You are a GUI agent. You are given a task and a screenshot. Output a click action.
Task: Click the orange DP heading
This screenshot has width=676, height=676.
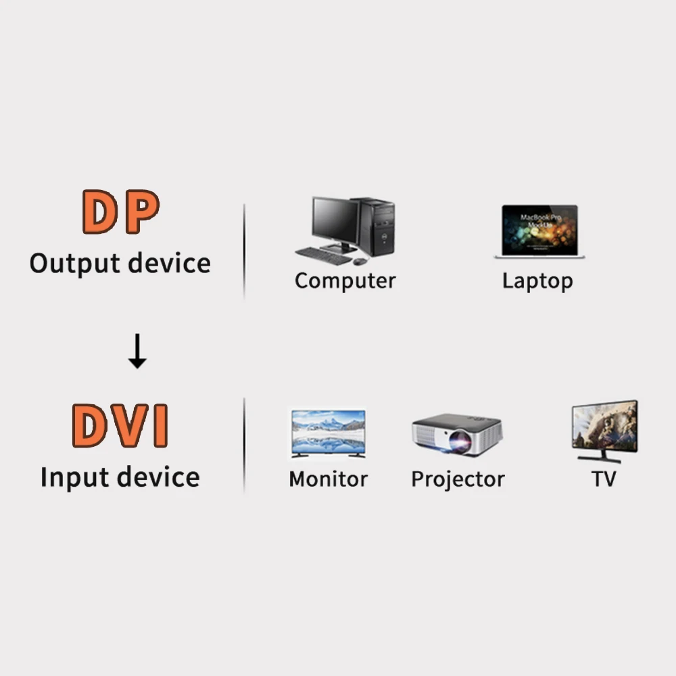click(x=121, y=212)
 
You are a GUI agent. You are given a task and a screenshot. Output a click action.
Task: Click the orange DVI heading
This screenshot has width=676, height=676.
click(x=120, y=425)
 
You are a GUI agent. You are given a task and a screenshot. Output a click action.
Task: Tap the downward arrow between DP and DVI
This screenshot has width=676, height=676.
click(x=137, y=352)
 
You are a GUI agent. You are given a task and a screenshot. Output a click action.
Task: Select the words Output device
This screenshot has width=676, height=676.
click(x=120, y=263)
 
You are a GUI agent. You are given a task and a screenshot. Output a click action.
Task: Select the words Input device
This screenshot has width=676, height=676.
click(x=120, y=477)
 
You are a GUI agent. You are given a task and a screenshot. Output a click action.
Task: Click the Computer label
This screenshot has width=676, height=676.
click(x=345, y=281)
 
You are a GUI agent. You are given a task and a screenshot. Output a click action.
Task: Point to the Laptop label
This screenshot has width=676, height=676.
click(x=537, y=281)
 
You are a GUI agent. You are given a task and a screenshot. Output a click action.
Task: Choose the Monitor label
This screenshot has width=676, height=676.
click(x=328, y=479)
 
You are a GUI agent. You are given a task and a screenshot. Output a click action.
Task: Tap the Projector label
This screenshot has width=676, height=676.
click(x=458, y=479)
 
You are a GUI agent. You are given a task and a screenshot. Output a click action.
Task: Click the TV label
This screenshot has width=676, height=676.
click(x=604, y=479)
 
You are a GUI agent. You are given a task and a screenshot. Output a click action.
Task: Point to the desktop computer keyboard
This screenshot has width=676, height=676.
click(x=323, y=256)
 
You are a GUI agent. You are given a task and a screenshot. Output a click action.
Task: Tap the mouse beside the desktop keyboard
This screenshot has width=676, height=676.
click(x=360, y=261)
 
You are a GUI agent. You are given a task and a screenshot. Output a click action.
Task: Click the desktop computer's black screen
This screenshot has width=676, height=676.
click(x=335, y=220)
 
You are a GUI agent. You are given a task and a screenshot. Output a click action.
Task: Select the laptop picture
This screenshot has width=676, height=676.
click(x=539, y=231)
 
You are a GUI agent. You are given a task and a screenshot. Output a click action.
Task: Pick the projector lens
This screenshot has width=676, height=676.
click(x=460, y=442)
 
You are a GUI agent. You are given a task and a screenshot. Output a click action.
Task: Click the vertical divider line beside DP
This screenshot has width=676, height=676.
click(x=244, y=250)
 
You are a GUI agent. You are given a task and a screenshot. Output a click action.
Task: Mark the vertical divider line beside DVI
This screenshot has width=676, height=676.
click(x=244, y=445)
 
